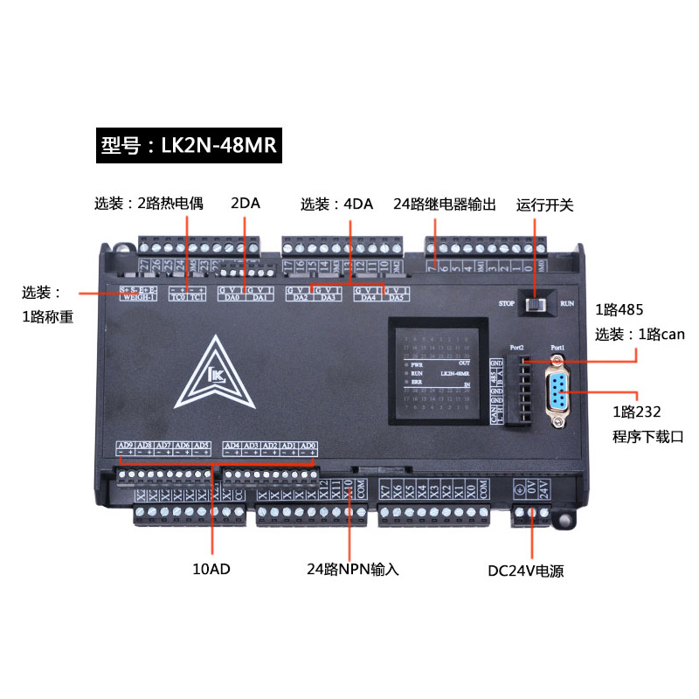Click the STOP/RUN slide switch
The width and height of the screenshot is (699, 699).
click(534, 305)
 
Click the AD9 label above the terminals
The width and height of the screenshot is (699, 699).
click(125, 446)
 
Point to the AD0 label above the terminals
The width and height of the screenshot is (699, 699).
click(307, 446)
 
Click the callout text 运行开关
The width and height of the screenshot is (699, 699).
click(544, 204)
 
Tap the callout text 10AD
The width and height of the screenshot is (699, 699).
click(211, 570)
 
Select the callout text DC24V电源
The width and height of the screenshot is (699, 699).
click(526, 572)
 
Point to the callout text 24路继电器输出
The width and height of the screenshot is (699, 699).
click(445, 204)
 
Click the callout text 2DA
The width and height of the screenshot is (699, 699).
click(246, 204)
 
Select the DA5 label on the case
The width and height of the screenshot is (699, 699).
click(396, 298)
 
